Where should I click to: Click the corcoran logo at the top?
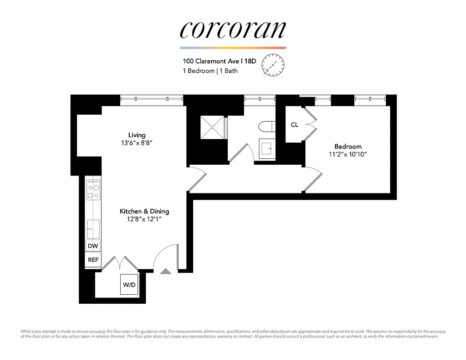pyautogui.click(x=232, y=30)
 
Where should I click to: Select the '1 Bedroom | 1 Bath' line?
pyautogui.click(x=210, y=71)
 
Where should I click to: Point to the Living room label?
pyautogui.click(x=137, y=135)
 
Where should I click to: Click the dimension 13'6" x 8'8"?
pyautogui.click(x=137, y=143)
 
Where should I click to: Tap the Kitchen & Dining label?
pyautogui.click(x=144, y=211)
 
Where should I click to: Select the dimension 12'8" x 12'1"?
pyautogui.click(x=144, y=219)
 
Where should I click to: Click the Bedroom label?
pyautogui.click(x=348, y=147)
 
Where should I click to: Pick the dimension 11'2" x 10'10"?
pyautogui.click(x=348, y=155)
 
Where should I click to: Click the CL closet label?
pyautogui.click(x=294, y=125)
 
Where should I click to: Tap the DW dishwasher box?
pyautogui.click(x=93, y=246)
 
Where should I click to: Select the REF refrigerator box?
pyautogui.click(x=93, y=260)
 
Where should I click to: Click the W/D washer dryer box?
pyautogui.click(x=129, y=285)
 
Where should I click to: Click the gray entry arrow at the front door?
pyautogui.click(x=166, y=271)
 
